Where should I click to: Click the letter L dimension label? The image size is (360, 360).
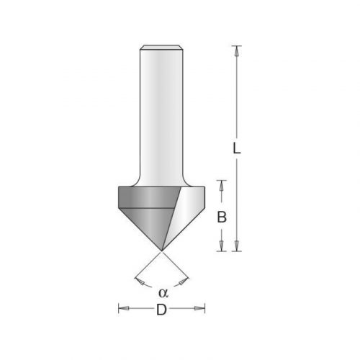(236, 148)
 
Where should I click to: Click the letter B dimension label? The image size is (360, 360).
(222, 217)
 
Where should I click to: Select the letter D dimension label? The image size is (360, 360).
(161, 310)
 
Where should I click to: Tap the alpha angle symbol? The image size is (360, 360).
(163, 293)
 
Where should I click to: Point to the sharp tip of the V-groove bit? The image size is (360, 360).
(161, 251)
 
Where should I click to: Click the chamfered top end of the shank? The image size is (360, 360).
(161, 48)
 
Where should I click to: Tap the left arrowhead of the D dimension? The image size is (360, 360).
(124, 308)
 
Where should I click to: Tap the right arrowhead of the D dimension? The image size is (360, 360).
(199, 308)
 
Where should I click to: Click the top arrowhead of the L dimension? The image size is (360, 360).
(237, 51)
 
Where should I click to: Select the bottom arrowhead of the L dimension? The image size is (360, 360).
(237, 246)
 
